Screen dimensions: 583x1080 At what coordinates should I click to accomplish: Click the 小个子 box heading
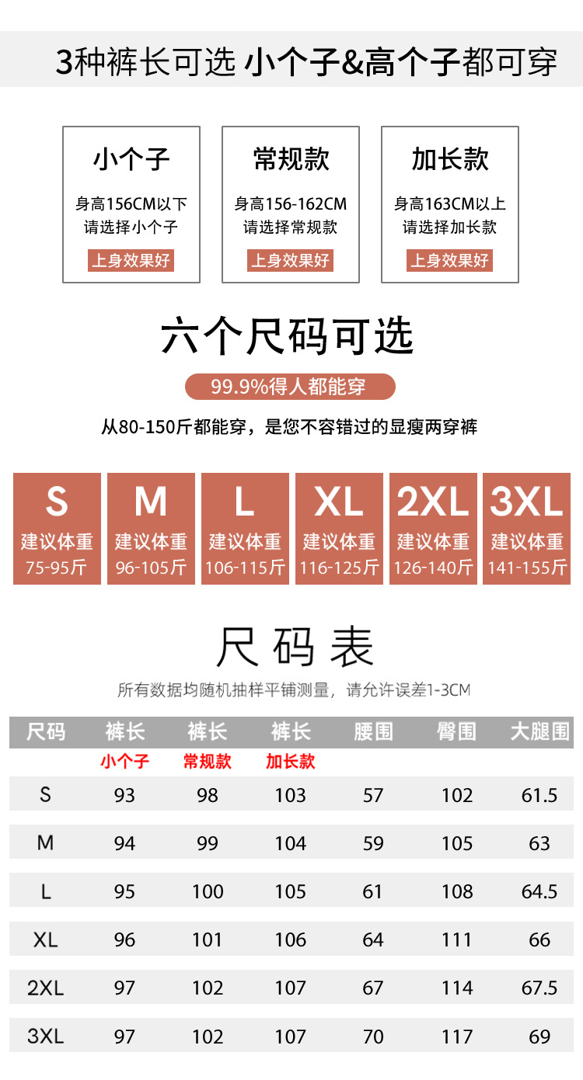point(131,160)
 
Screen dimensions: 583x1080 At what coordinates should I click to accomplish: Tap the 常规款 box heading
point(291,160)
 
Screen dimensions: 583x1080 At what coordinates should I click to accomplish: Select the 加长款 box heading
point(450,160)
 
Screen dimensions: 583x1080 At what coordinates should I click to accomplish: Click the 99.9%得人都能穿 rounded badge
point(290,386)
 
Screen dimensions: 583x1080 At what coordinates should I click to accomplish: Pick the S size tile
point(57,528)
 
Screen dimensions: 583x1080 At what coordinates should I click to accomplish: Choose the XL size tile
point(339,528)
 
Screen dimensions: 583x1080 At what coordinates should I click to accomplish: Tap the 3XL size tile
point(527,528)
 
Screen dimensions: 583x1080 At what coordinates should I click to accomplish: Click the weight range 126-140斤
point(433,568)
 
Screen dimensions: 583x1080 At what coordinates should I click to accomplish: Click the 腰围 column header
point(373,732)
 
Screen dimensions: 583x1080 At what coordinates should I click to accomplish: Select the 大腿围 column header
point(539,732)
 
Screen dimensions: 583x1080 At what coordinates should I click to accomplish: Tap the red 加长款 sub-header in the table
point(291,761)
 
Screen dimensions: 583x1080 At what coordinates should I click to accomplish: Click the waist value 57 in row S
point(373,795)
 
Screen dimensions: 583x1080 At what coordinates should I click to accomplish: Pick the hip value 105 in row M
point(456,843)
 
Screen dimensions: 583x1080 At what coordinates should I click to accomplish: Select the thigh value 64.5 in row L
point(539,891)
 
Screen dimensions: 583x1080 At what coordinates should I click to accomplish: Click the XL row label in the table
point(46,939)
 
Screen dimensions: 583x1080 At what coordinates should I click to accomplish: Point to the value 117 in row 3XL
point(456,1036)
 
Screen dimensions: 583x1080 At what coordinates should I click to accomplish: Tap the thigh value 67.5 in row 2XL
point(539,988)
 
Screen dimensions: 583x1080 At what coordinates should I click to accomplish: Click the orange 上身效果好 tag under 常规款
point(291,260)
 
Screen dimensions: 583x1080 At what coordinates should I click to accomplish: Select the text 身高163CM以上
point(450,204)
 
